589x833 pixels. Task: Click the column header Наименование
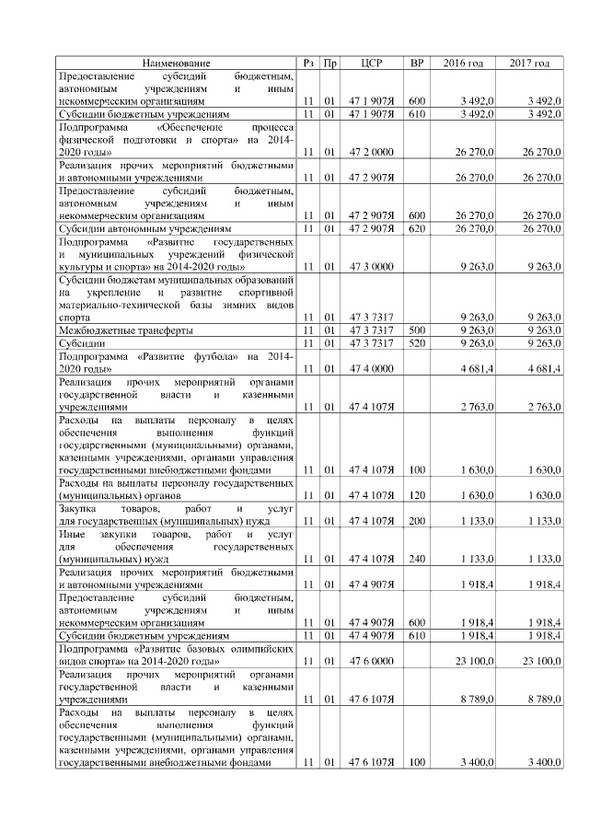pos(175,63)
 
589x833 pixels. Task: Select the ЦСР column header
pos(372,63)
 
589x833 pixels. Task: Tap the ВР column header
pos(416,63)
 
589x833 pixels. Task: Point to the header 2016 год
pos(464,63)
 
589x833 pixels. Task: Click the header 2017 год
pos(529,63)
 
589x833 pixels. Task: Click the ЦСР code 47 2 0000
pos(372,151)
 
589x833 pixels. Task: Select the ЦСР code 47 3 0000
pos(372,265)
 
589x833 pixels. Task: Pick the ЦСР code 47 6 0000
pos(372,661)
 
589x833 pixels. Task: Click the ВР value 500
pos(416,329)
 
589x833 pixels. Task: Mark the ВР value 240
pos(416,559)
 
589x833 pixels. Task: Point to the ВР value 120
pos(416,494)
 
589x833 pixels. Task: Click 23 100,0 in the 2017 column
pos(538,661)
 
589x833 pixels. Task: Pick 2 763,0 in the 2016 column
pos(477,405)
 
